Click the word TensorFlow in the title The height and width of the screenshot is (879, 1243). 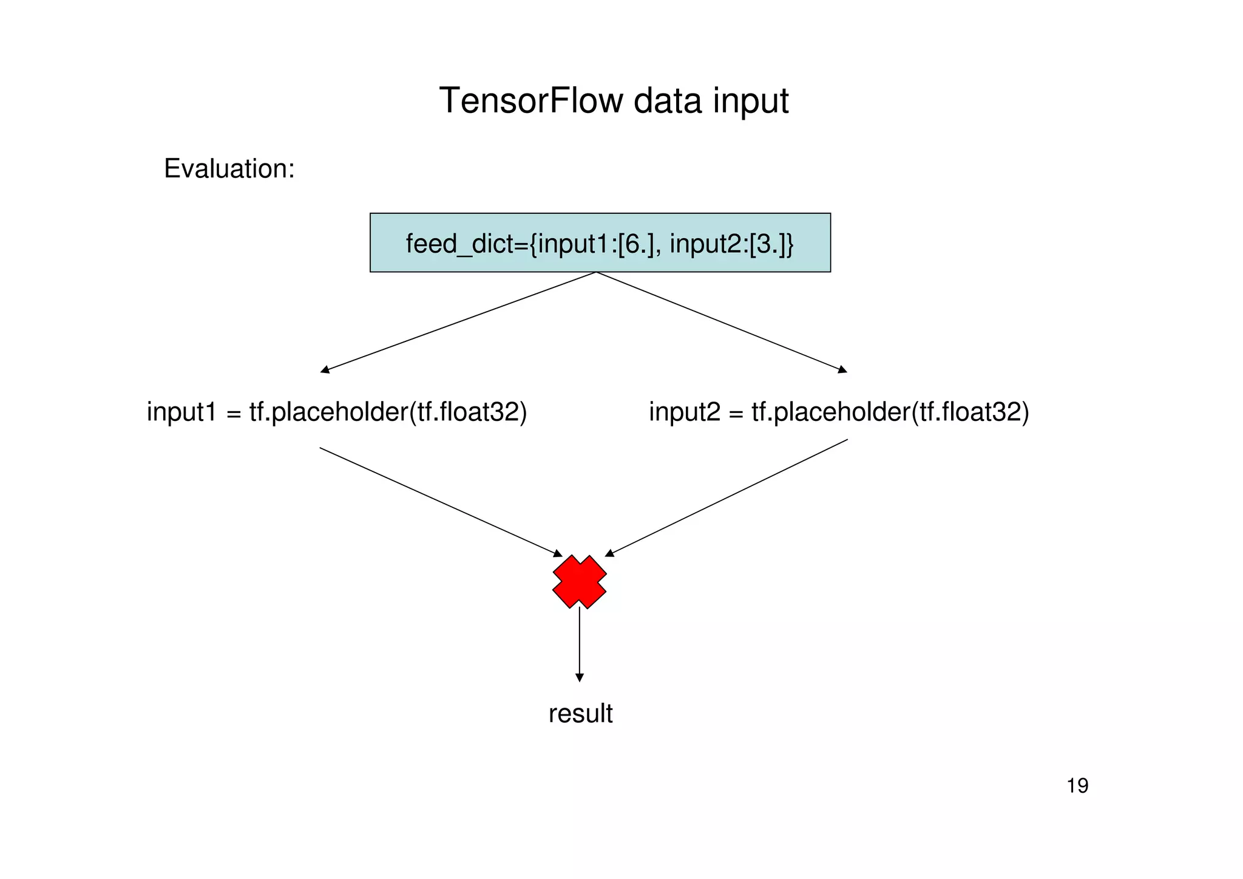pyautogui.click(x=531, y=101)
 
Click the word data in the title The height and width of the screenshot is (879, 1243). pyautogui.click(x=668, y=101)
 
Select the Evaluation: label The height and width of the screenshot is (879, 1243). pyautogui.click(x=229, y=168)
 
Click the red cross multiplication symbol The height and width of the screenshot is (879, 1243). pyautogui.click(x=580, y=581)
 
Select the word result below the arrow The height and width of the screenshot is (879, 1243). pyautogui.click(x=580, y=713)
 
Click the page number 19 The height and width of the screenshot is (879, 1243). pyautogui.click(x=1077, y=786)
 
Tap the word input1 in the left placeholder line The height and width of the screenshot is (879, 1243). pyautogui.click(x=181, y=412)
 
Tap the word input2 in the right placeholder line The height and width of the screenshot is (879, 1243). pyautogui.click(x=684, y=412)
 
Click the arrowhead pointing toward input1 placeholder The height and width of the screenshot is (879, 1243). pyautogui.click(x=325, y=369)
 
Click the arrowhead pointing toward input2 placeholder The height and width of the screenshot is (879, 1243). pyautogui.click(x=842, y=369)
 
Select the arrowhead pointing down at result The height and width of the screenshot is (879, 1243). pyautogui.click(x=580, y=677)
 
